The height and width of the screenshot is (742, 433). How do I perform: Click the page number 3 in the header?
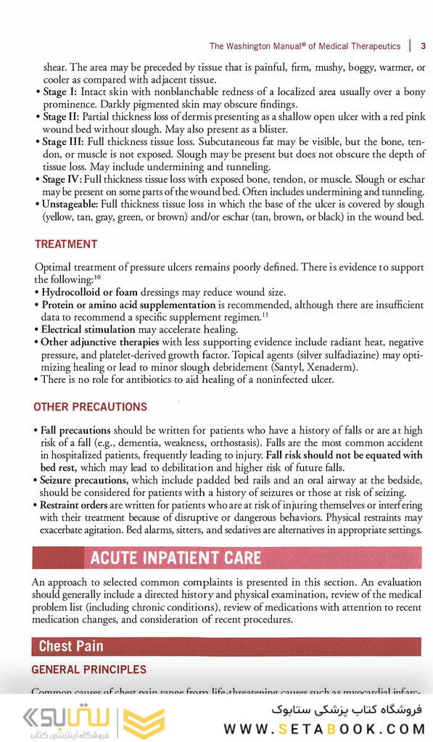423,46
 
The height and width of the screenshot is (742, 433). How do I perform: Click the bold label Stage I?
60,92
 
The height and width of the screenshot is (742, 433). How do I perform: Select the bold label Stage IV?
62,179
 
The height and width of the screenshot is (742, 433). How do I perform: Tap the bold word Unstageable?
70,205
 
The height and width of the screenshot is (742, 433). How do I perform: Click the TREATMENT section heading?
65,244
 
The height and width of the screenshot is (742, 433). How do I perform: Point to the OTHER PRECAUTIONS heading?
90,407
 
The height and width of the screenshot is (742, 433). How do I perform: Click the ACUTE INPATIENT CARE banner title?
175,558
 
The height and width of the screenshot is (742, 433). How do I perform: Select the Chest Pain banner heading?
71,646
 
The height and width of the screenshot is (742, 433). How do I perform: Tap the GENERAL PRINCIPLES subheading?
88,669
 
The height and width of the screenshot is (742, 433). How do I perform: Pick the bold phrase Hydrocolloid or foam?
91,292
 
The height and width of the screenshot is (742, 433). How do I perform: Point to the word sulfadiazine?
329,355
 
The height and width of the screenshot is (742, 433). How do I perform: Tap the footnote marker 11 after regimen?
265,314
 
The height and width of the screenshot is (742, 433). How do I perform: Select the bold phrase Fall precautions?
75,430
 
